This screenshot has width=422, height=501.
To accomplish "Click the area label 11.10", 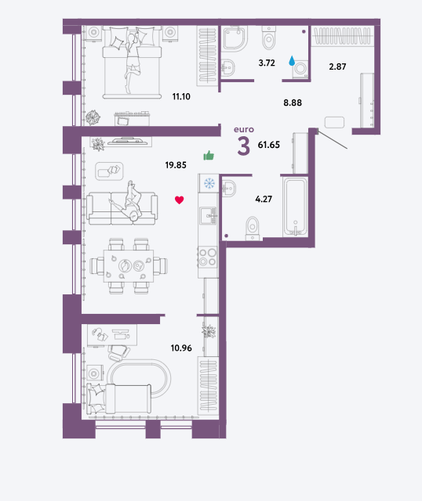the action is coord(181,96).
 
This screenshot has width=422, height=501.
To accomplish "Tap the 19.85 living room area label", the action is coord(176,165).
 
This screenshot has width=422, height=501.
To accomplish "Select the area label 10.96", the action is coord(181,348).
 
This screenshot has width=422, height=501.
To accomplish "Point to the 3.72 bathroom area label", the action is coord(267,63).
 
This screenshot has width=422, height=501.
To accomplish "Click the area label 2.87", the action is coord(337,67).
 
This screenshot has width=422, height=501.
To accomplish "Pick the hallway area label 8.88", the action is coord(293,103).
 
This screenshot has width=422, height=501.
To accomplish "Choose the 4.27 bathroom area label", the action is coord(264,199).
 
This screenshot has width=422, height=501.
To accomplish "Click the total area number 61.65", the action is coord(268,145).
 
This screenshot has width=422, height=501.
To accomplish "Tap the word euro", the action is coord(244,129).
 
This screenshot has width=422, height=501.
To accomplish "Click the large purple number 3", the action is coord(243,146).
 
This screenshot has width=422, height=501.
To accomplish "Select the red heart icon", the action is coord(180,200).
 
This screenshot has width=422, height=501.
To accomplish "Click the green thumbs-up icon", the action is coord(209,155).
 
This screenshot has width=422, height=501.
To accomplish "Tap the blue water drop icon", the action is coord(292,61).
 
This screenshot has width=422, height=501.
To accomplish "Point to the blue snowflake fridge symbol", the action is coord(209,183).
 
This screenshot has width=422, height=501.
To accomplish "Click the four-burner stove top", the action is coord(208,258).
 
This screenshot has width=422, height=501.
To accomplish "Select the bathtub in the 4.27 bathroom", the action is coord(295,207).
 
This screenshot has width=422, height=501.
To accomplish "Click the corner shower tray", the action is coord(235,38).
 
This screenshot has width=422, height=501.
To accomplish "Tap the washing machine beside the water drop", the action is coord(300,69).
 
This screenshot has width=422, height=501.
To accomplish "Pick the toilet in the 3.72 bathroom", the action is coord(268,38).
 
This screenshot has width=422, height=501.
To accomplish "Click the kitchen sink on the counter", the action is coord(208,216).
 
